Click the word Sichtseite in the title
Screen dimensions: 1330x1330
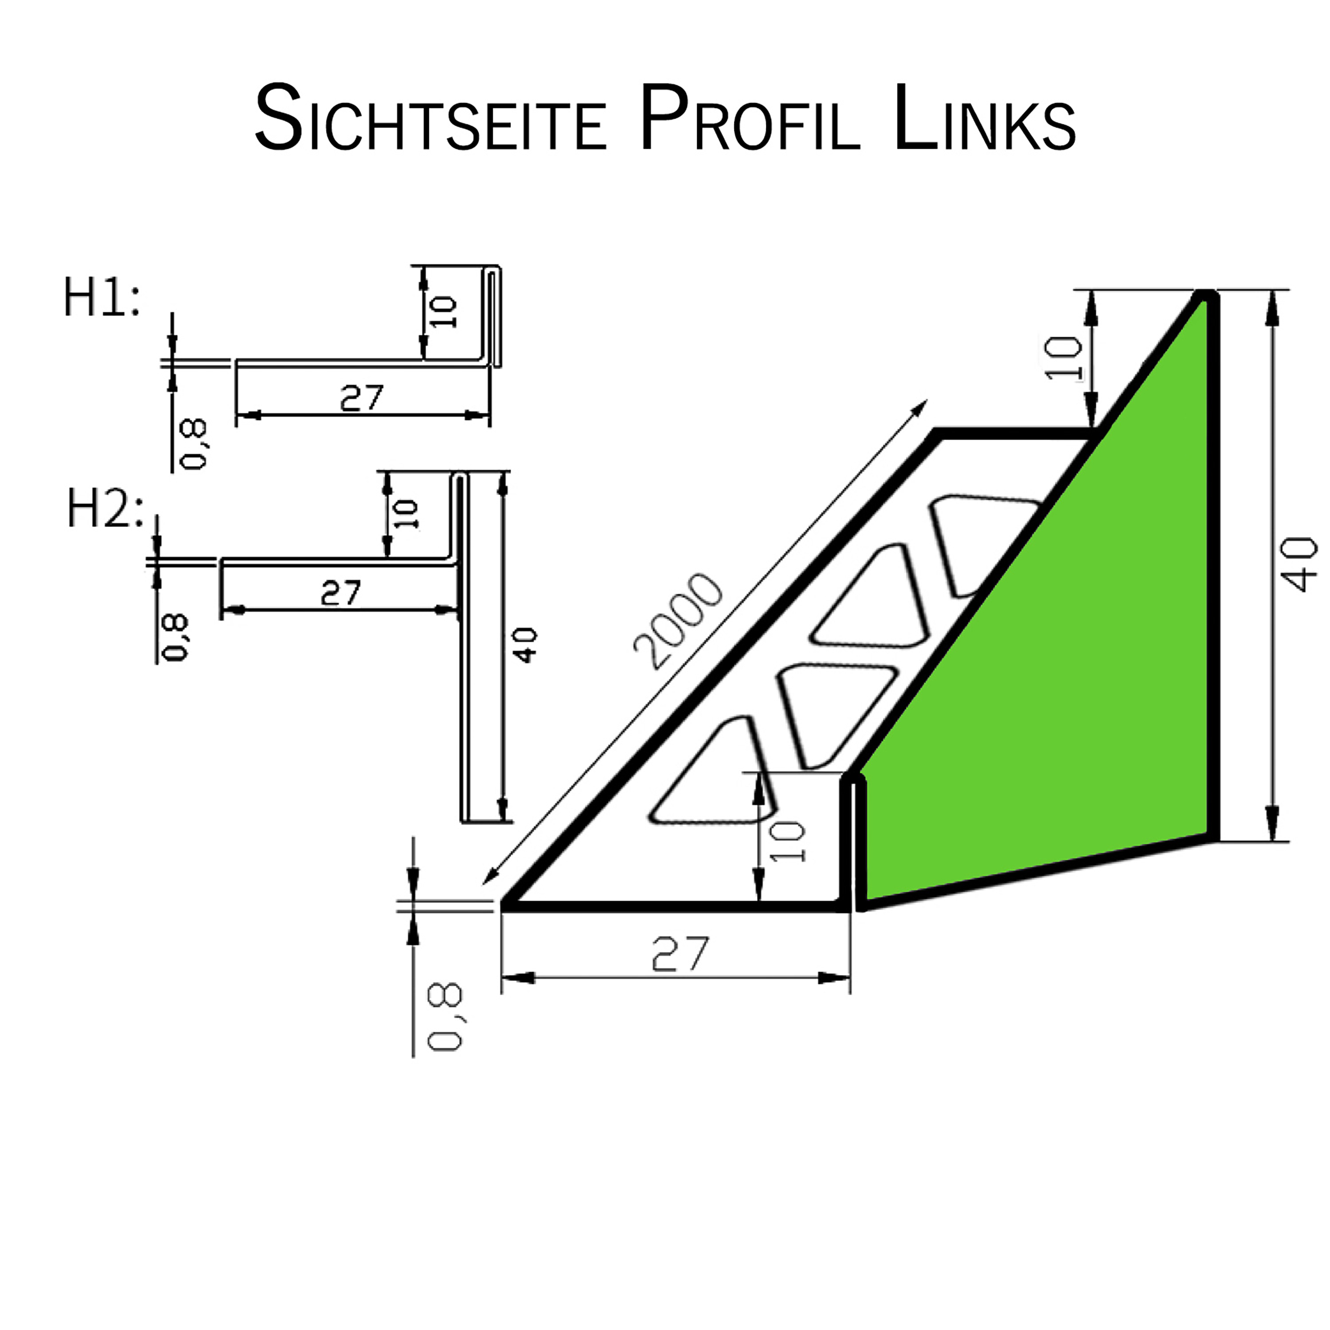click(430, 119)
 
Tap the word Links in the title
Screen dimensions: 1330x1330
click(984, 119)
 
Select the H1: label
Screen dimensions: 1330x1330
click(102, 298)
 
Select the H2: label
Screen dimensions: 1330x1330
click(105, 510)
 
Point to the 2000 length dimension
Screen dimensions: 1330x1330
click(678, 621)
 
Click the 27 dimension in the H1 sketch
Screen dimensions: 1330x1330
click(361, 397)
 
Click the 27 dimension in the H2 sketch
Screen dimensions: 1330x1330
click(341, 593)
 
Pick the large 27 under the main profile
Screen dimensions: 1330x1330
click(679, 953)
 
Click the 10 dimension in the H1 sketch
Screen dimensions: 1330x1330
click(445, 312)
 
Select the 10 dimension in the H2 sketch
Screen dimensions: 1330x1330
click(406, 514)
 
